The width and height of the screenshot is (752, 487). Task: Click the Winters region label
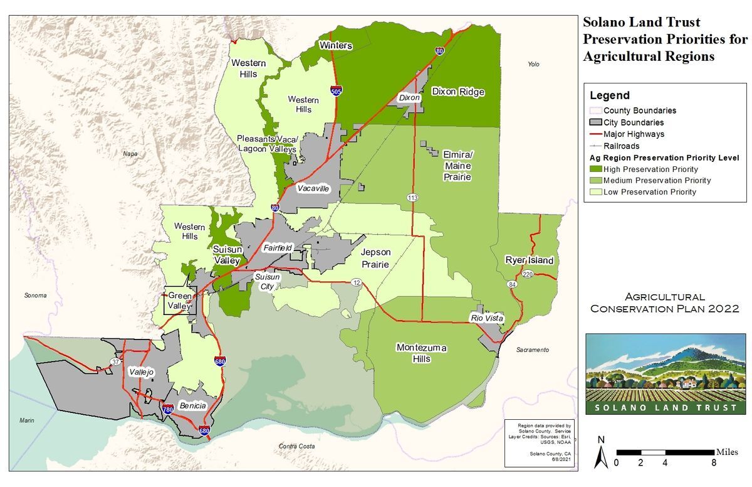point(336,46)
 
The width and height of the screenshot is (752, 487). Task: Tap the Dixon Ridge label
point(458,92)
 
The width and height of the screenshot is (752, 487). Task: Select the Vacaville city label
point(313,188)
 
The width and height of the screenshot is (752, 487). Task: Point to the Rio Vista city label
point(487,319)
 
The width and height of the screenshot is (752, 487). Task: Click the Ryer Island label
point(530,260)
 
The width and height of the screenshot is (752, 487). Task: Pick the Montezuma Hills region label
point(421,353)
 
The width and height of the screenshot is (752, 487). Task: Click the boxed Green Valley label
point(180,301)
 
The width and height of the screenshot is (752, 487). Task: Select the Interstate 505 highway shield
point(337,92)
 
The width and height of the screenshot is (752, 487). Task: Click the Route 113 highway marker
point(412,198)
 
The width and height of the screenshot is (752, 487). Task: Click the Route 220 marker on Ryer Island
point(527,274)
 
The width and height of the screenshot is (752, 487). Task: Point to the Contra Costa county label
point(296,446)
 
